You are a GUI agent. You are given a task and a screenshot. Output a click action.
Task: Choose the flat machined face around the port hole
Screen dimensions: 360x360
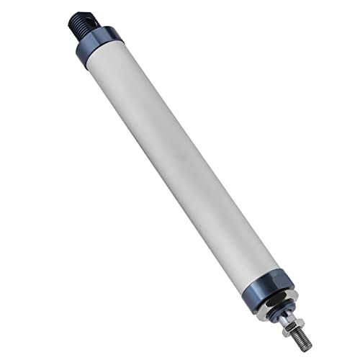click(x=81, y=18)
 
